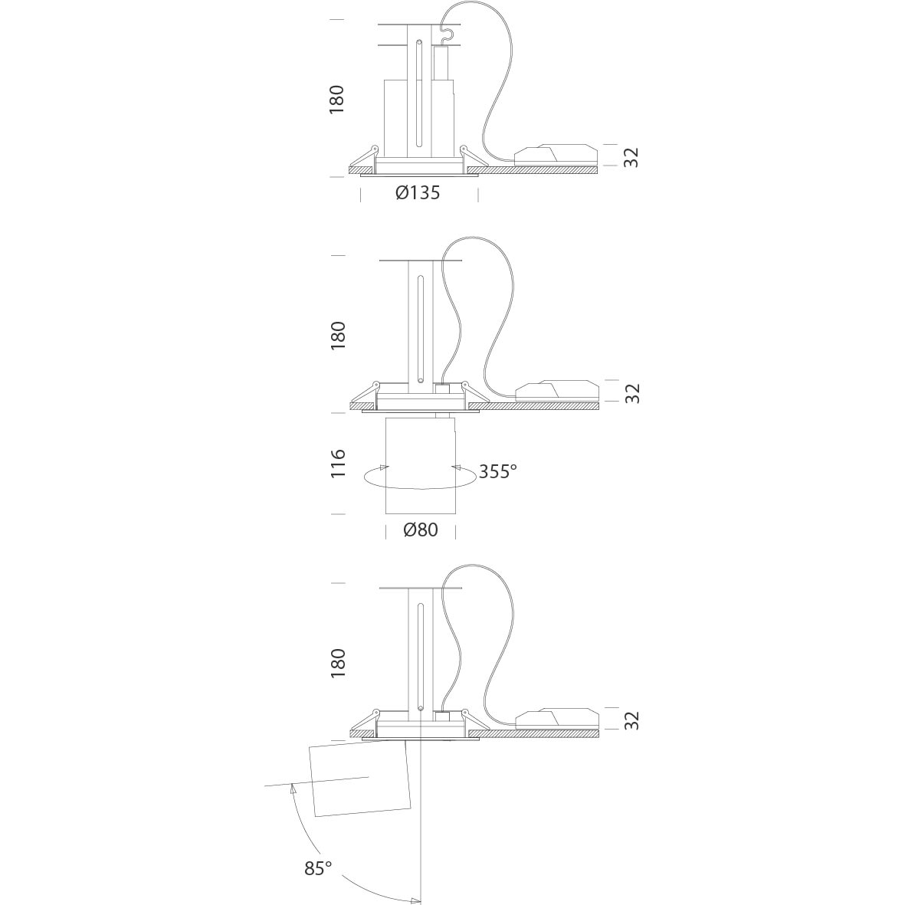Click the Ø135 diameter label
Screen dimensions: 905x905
click(418, 192)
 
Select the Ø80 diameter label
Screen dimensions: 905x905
click(420, 530)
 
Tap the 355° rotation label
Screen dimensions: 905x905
click(497, 471)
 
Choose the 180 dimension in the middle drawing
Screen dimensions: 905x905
click(337, 336)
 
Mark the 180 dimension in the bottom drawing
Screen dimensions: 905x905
click(337, 663)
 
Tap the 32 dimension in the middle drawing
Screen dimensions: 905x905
click(632, 393)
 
